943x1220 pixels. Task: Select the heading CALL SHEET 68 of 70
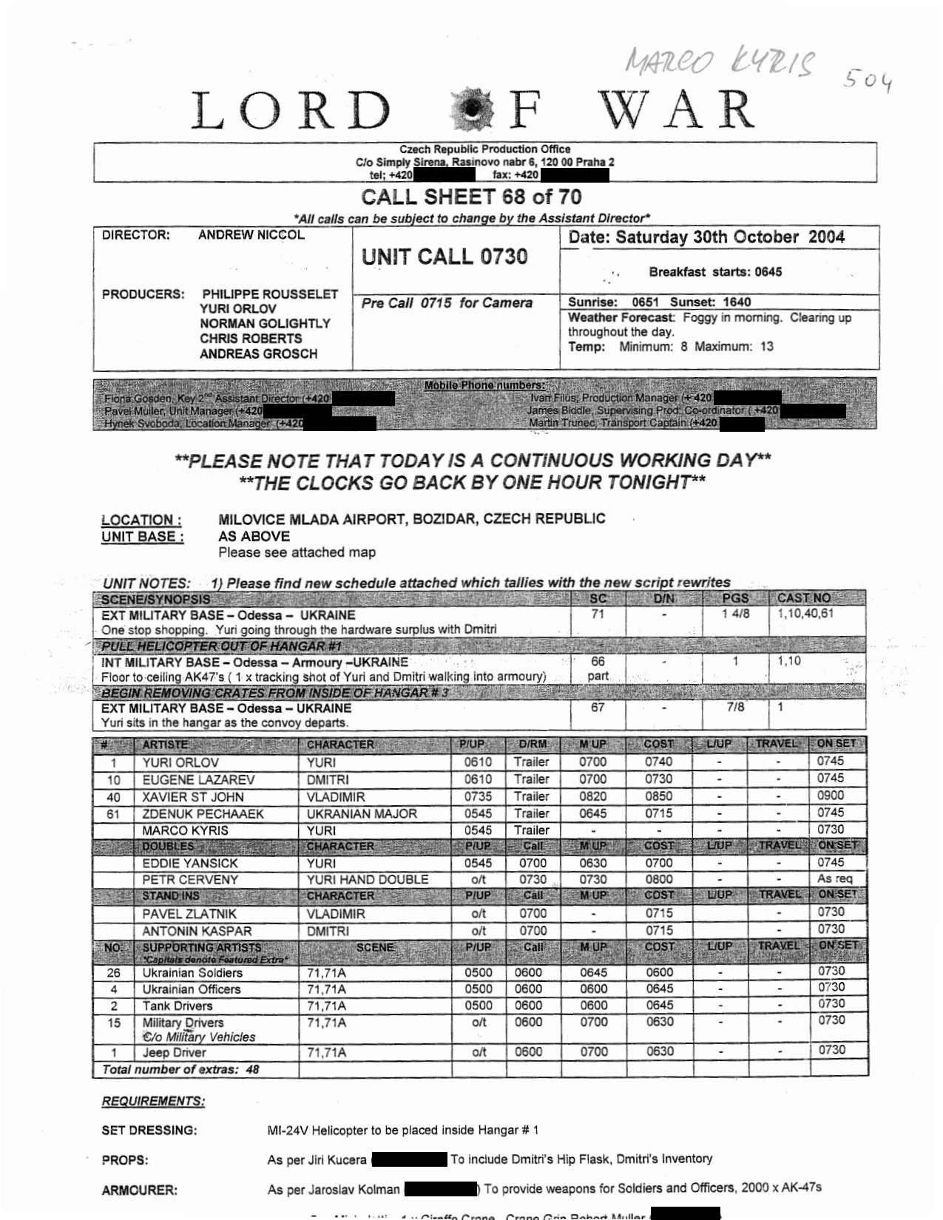point(471,197)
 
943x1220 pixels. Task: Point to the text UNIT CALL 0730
point(444,257)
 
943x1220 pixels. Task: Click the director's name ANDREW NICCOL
point(251,235)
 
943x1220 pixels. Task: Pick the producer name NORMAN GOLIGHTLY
point(265,324)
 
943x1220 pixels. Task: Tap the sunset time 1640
point(737,302)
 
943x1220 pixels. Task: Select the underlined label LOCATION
point(141,520)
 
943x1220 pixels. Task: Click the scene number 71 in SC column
point(598,614)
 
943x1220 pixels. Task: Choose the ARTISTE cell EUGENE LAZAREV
point(198,779)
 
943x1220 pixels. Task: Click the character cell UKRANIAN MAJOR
point(362,813)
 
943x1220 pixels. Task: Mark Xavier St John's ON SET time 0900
point(831,796)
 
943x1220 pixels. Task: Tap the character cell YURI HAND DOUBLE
point(368,879)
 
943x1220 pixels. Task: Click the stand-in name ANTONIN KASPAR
point(197,931)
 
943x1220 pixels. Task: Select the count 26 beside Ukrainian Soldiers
point(113,973)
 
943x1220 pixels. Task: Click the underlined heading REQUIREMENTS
point(153,1101)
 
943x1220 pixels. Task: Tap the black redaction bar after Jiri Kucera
point(409,1159)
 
